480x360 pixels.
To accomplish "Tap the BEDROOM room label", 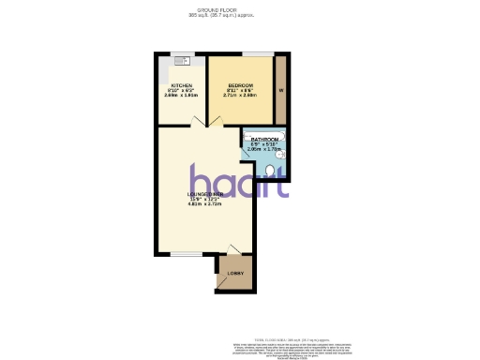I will (x=240, y=85).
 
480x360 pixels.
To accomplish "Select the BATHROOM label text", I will (x=264, y=139).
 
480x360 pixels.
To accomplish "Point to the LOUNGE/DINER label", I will (x=205, y=193).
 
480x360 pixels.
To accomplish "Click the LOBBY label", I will (x=235, y=274).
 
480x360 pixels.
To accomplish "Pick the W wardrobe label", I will (x=281, y=90).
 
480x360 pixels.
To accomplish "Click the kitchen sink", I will (x=180, y=63).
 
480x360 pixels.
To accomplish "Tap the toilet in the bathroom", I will (x=271, y=171).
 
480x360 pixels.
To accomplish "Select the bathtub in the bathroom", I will (x=265, y=132).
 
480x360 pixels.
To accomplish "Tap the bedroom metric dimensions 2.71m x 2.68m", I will (x=240, y=96).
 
